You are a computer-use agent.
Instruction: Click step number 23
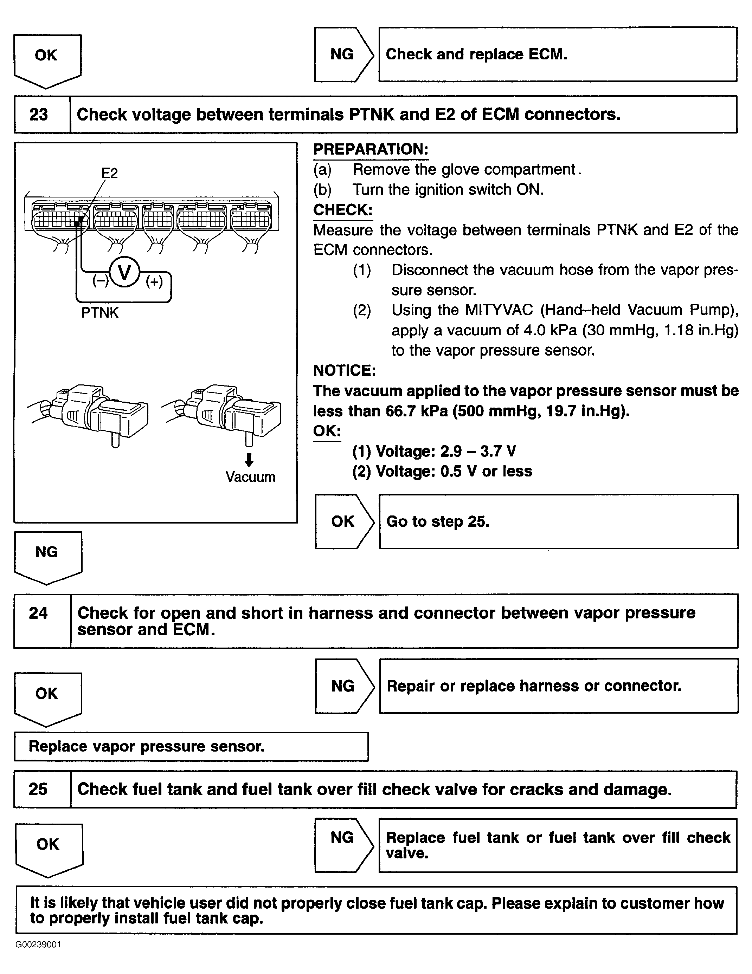[38, 115]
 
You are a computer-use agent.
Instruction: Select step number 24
[38, 613]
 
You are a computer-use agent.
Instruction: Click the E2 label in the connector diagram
[109, 173]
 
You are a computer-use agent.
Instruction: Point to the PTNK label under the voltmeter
[100, 313]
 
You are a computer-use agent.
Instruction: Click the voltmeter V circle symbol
[124, 272]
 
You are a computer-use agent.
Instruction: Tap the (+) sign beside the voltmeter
[154, 281]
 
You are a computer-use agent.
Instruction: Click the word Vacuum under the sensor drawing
[250, 477]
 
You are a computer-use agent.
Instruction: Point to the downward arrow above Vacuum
[249, 459]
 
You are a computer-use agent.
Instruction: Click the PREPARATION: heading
[371, 149]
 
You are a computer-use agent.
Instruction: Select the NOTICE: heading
[345, 370]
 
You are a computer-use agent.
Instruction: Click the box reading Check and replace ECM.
[558, 54]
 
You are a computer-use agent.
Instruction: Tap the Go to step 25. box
[558, 521]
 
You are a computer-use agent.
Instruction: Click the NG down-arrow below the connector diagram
[47, 556]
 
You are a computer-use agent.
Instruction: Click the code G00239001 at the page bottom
[38, 944]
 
